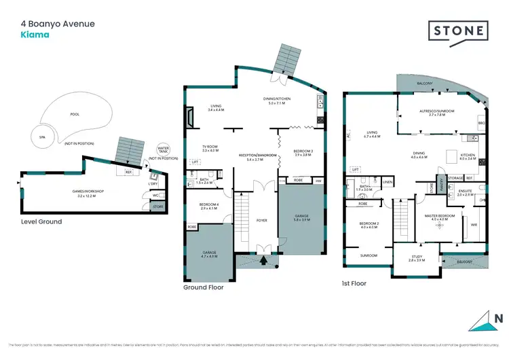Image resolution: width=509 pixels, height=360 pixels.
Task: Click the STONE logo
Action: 458,31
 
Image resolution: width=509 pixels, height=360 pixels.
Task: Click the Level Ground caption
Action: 41,221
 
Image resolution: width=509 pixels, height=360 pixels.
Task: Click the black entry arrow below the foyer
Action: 264,259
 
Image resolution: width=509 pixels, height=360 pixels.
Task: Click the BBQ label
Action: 481,123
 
